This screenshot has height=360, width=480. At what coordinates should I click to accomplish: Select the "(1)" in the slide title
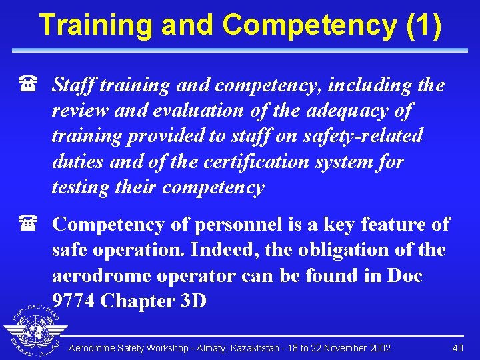[x=423, y=25]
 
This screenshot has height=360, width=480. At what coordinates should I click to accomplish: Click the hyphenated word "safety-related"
[x=363, y=135]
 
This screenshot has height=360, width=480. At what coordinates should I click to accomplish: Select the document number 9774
[x=73, y=301]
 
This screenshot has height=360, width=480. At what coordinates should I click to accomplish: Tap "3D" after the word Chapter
[x=194, y=301]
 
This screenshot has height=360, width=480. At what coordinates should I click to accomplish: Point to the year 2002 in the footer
[x=378, y=348]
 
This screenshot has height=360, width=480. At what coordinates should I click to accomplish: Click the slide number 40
[x=457, y=348]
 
